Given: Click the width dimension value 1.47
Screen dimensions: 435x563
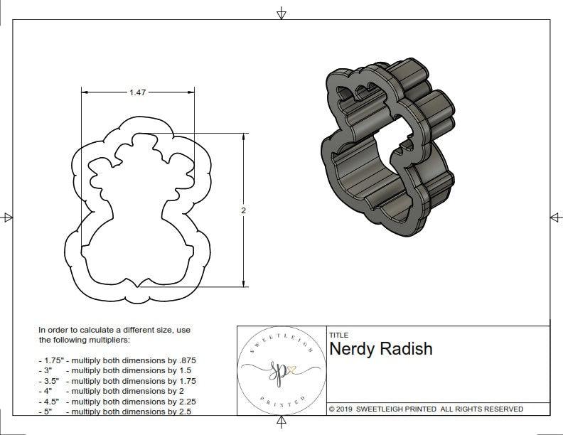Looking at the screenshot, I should pyautogui.click(x=138, y=92).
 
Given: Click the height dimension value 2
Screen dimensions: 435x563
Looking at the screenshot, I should pyautogui.click(x=243, y=210).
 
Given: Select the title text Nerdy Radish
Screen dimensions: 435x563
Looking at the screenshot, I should pyautogui.click(x=380, y=349).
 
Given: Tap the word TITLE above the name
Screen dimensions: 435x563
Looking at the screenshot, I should pyautogui.click(x=338, y=335).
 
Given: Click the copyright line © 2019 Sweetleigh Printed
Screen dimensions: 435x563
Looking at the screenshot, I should pyautogui.click(x=426, y=409).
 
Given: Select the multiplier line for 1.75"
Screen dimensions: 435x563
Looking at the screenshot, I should pyautogui.click(x=117, y=360).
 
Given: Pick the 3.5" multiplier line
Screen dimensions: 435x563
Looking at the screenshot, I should pyautogui.click(x=117, y=381).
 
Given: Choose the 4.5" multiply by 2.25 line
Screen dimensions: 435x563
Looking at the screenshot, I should pyautogui.click(x=117, y=401).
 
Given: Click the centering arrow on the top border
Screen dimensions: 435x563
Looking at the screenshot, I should pyautogui.click(x=281, y=13).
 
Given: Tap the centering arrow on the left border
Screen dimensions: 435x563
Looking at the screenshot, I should pyautogui.click(x=7, y=217).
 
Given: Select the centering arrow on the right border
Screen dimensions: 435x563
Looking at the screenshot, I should pyautogui.click(x=555, y=217).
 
